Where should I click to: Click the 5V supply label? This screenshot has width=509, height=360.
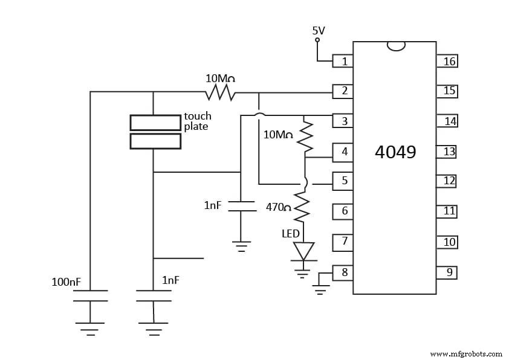[319, 30]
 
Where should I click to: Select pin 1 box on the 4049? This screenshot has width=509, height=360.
[343, 61]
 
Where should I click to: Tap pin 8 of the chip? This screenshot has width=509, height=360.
[343, 272]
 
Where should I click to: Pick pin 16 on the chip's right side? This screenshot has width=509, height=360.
[448, 61]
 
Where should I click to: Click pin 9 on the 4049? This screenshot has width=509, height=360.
[448, 272]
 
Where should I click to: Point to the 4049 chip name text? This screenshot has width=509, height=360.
[395, 152]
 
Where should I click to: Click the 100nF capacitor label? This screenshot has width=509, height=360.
[66, 281]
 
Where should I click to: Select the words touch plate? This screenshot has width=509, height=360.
[197, 121]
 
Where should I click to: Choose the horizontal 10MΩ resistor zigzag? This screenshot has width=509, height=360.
[220, 92]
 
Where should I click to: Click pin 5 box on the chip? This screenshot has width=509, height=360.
[343, 180]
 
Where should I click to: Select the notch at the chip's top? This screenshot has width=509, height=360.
[395, 46]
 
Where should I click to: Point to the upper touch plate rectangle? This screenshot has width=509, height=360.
[155, 123]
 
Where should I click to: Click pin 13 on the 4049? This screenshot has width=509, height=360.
[448, 152]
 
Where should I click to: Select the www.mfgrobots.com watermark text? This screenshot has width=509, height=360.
[465, 354]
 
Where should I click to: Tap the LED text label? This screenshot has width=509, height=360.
[290, 233]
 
